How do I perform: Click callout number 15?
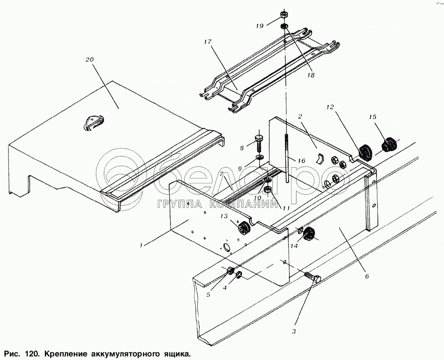click(x=372, y=117)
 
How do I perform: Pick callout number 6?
click(x=367, y=276)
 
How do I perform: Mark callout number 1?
click(x=142, y=244)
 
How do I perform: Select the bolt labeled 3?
click(x=313, y=279)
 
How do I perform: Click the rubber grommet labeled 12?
click(x=365, y=152)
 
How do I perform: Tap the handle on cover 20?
click(x=93, y=122)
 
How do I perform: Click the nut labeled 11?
click(x=268, y=191)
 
